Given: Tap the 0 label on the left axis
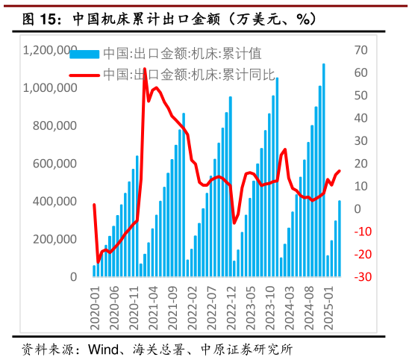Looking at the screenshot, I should [x=73, y=276].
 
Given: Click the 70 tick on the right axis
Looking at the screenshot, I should [x=362, y=50].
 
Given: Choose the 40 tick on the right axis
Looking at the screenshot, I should [x=362, y=118].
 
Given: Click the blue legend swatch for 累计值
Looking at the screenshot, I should [x=84, y=54].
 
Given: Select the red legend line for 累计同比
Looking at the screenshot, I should [x=84, y=75].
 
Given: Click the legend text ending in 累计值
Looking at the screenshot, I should [x=182, y=54].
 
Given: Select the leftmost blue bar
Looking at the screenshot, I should [x=94, y=271].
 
